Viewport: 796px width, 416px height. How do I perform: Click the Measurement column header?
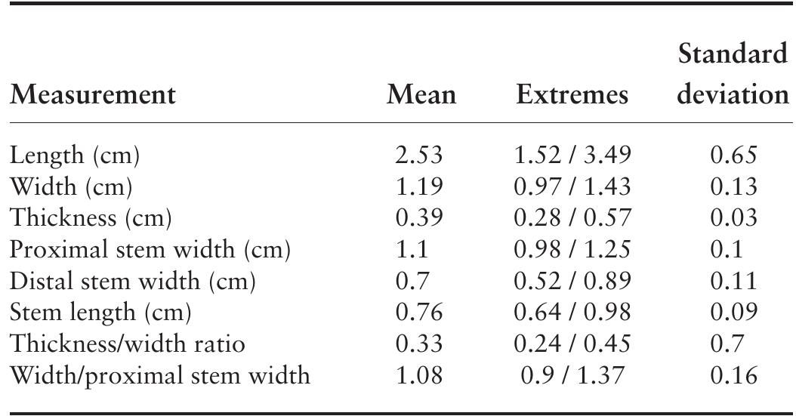click(x=92, y=95)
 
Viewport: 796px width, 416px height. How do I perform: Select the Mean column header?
click(x=421, y=95)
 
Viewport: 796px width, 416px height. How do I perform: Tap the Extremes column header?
click(x=572, y=95)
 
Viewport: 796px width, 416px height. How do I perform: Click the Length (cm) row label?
click(x=75, y=156)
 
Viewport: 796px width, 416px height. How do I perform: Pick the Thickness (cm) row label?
click(x=91, y=218)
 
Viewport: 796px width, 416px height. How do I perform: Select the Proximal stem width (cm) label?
click(x=150, y=250)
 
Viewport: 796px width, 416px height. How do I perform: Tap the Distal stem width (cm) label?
click(x=133, y=282)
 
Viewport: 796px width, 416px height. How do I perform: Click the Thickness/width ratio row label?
click(x=127, y=344)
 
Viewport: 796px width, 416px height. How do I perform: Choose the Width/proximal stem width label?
click(x=159, y=375)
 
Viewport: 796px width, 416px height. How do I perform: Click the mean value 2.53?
click(x=418, y=156)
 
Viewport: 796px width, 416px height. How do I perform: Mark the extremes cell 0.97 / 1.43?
click(x=572, y=187)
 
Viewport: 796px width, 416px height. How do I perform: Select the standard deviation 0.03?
click(x=733, y=218)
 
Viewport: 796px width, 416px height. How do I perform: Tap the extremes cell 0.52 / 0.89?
click(x=572, y=282)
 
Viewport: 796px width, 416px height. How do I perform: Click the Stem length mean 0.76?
click(x=418, y=313)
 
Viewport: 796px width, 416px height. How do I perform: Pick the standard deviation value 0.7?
click(x=727, y=344)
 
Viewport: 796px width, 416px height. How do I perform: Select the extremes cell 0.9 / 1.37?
click(x=572, y=375)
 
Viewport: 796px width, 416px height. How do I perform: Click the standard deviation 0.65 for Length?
click(x=733, y=156)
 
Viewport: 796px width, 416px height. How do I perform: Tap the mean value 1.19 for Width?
click(x=418, y=187)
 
